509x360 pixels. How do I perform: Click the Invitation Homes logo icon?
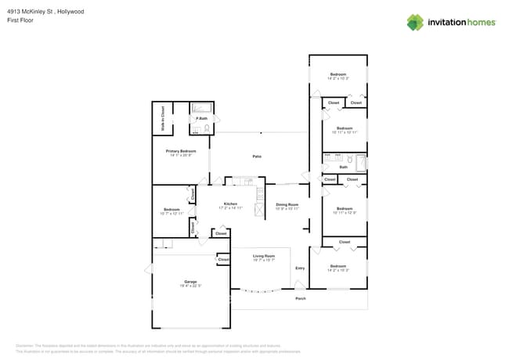tap(415, 22)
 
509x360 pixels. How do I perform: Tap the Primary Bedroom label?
tap(180, 150)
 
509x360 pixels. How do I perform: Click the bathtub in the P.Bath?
tap(201, 110)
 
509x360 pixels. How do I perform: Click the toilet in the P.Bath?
tap(207, 128)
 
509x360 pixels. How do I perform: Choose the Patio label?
tap(256, 157)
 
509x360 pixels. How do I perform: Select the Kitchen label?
tap(229, 203)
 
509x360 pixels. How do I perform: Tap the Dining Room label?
tap(287, 204)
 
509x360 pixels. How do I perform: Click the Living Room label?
tap(263, 256)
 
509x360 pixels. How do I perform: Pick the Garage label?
tap(190, 281)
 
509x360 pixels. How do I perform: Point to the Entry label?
tap(299, 268)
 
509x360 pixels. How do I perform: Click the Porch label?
tap(300, 298)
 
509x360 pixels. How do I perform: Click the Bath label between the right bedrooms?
tap(343, 167)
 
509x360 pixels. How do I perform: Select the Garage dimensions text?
tap(190, 286)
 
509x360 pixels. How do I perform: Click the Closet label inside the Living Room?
tap(223, 259)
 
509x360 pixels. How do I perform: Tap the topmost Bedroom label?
tap(338, 74)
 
